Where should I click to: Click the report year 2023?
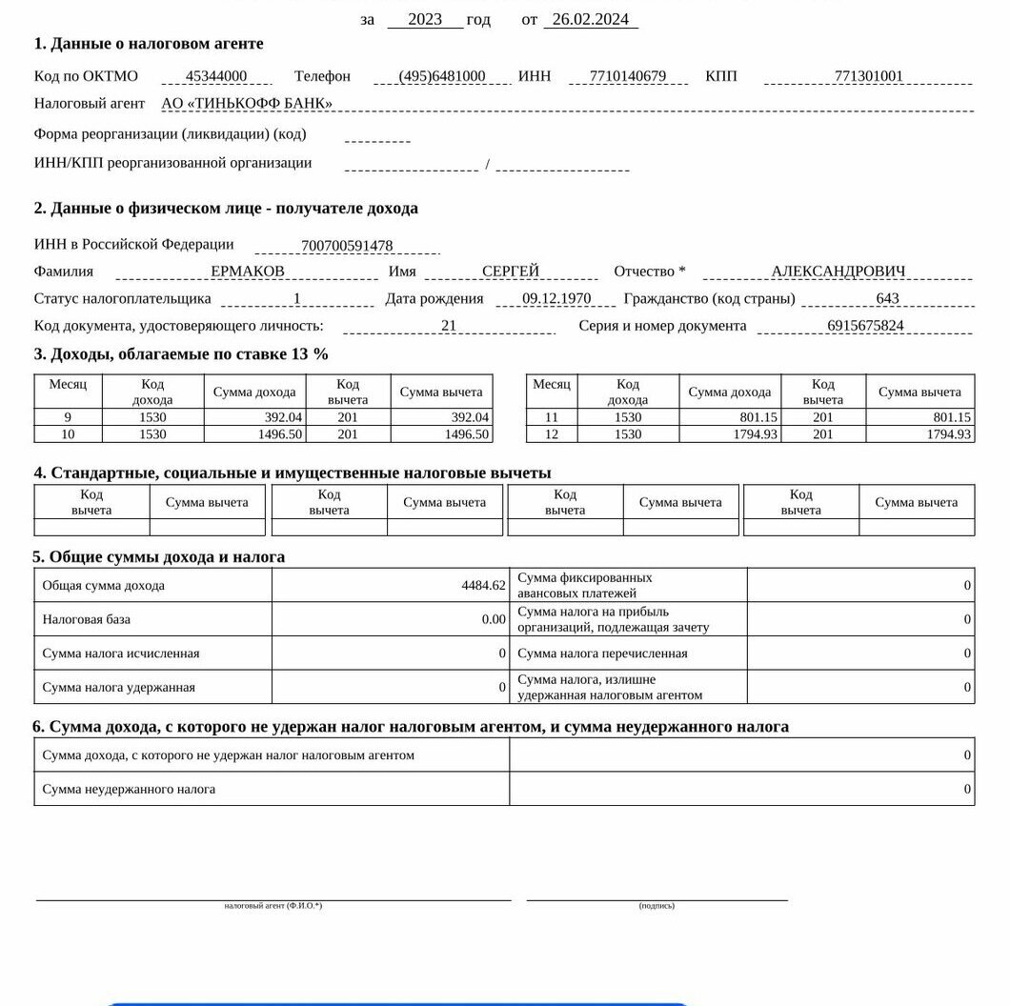click(425, 19)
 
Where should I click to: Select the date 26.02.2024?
click(590, 19)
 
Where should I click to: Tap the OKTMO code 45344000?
click(216, 77)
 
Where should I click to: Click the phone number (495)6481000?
click(441, 77)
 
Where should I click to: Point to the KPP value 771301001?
click(868, 77)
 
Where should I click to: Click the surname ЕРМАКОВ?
click(247, 272)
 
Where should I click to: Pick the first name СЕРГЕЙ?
click(510, 272)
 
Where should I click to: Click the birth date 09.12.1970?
click(556, 299)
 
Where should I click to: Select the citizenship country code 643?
click(886, 299)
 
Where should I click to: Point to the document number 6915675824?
click(865, 326)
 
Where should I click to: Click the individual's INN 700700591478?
click(347, 247)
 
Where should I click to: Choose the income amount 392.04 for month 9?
click(283, 417)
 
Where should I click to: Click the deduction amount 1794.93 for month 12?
click(948, 434)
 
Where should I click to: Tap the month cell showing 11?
click(551, 417)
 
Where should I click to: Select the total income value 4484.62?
click(483, 586)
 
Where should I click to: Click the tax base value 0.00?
click(493, 620)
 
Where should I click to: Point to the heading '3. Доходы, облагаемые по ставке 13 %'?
click(181, 354)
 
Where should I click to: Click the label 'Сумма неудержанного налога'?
click(129, 789)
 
